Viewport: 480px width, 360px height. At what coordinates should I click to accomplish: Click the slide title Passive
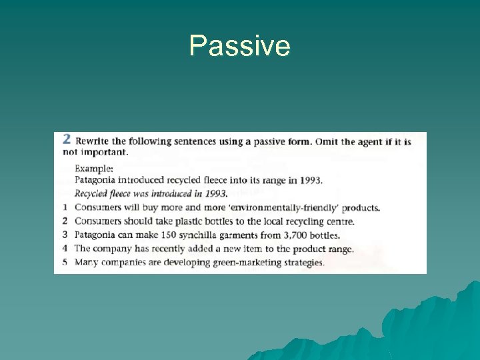[239, 46]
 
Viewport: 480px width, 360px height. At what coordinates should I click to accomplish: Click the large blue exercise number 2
[66, 139]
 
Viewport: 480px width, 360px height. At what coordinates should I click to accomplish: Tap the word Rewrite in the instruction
[93, 141]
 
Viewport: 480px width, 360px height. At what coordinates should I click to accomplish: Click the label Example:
[94, 169]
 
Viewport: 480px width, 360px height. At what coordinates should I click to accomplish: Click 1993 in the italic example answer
[214, 194]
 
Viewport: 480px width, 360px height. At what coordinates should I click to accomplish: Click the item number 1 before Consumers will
[65, 207]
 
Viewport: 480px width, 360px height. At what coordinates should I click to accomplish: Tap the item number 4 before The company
[65, 248]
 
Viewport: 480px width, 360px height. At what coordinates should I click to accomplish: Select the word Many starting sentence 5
[86, 262]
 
